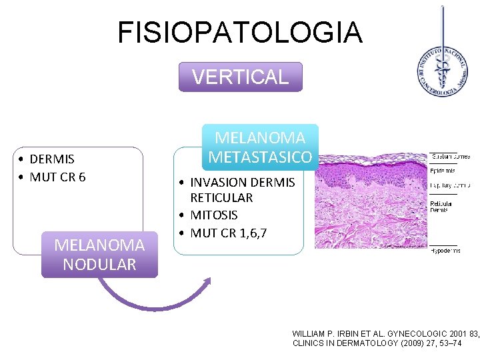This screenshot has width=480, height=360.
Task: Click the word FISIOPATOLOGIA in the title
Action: [240, 33]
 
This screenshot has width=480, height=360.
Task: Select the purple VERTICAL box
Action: [240, 77]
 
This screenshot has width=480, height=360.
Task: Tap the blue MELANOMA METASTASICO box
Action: [259, 147]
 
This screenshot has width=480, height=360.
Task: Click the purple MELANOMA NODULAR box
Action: [99, 254]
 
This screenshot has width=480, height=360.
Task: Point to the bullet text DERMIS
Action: [52, 159]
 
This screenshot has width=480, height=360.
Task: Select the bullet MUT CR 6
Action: [57, 177]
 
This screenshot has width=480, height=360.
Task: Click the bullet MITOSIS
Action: [214, 215]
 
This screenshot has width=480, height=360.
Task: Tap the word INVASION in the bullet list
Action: [217, 182]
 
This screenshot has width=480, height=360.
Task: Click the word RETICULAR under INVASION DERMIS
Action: [221, 198]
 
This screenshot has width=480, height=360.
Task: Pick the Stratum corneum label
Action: [450, 157]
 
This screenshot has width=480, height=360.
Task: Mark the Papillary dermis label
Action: [450, 185]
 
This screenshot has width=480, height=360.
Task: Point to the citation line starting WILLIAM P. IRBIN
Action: [385, 333]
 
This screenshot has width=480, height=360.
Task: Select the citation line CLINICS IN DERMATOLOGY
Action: [385, 343]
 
